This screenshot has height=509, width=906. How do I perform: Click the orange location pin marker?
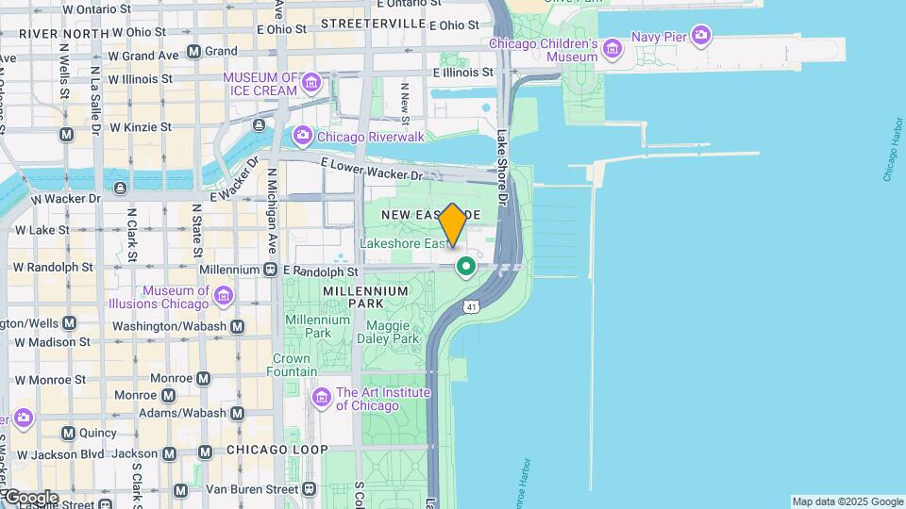(x=453, y=224)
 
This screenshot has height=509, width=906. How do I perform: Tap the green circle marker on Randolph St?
(x=465, y=267)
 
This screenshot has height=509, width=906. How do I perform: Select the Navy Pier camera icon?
(x=700, y=37)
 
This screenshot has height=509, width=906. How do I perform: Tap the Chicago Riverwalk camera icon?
(x=302, y=137)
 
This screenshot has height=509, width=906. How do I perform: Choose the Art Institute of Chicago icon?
(x=321, y=398)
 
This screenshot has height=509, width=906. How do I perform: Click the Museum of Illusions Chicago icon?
(x=224, y=297)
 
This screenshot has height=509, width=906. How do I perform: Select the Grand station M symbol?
(x=193, y=51)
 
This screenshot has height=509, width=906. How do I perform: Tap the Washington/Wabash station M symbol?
(x=238, y=326)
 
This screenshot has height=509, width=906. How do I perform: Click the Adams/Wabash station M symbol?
(x=237, y=413)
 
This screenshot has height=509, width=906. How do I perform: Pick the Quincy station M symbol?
(x=68, y=434)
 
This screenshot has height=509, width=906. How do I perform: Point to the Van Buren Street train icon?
(x=310, y=489)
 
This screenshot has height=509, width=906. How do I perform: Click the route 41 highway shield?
(x=470, y=305)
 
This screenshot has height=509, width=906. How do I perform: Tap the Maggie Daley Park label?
(x=387, y=332)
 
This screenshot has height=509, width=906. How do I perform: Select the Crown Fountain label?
(x=292, y=365)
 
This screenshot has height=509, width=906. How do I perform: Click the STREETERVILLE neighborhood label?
(x=374, y=23)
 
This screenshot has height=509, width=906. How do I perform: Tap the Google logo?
(x=30, y=498)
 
